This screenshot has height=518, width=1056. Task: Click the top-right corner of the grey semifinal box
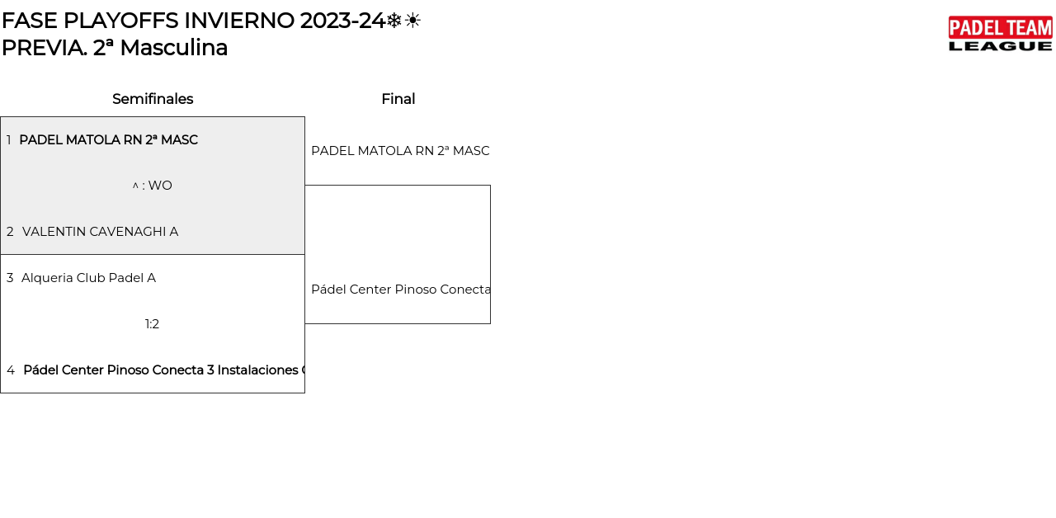(304, 117)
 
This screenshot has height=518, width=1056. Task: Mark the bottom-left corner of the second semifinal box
(1, 393)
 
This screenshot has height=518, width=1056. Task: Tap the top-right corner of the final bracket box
(490, 186)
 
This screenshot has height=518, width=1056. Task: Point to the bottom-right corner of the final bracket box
(490, 323)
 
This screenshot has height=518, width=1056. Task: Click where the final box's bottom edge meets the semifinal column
(304, 323)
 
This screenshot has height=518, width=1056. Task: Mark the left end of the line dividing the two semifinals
(1, 255)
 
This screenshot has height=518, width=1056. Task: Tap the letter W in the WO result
(154, 186)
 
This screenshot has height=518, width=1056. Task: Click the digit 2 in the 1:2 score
(156, 324)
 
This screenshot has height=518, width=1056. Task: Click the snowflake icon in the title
(394, 21)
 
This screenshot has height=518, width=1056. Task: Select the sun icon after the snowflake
(412, 21)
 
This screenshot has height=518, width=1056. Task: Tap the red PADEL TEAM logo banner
(1001, 27)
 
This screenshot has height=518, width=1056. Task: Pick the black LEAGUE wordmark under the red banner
(1001, 46)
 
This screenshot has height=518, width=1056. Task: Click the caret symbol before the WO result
(135, 186)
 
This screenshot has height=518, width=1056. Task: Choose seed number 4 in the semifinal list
(11, 370)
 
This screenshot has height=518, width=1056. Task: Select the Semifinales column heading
(153, 99)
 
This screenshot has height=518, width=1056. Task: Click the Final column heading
(398, 99)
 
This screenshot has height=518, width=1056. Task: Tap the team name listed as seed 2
(101, 232)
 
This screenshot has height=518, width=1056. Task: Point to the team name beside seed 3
(88, 278)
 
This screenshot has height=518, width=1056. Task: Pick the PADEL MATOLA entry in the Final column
(400, 151)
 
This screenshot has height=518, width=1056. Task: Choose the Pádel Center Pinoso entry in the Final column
(401, 290)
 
